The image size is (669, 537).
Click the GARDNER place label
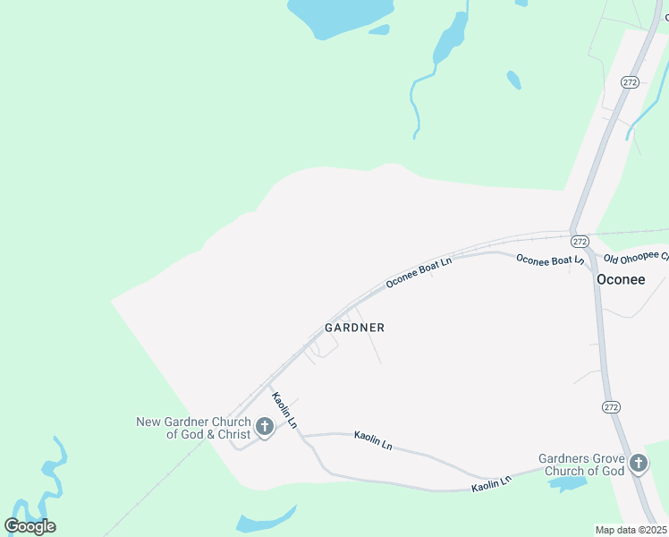tap(354, 328)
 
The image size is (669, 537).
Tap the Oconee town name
tap(621, 279)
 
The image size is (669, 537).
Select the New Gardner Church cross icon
tap(265, 427)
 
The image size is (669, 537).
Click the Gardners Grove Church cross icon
tap(638, 464)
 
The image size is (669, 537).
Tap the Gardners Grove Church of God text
tap(580, 465)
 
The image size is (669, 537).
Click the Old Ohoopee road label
tap(636, 258)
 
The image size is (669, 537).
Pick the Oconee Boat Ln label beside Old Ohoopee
tap(550, 260)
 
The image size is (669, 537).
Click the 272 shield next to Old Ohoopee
tap(580, 242)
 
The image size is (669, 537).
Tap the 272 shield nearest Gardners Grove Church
tap(610, 406)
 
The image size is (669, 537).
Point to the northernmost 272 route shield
tap(630, 82)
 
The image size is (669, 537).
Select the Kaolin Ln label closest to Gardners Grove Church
tap(492, 482)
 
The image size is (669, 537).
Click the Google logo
tap(30, 525)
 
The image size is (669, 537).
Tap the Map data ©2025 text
tap(631, 530)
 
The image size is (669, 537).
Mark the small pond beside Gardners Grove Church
tap(567, 484)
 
